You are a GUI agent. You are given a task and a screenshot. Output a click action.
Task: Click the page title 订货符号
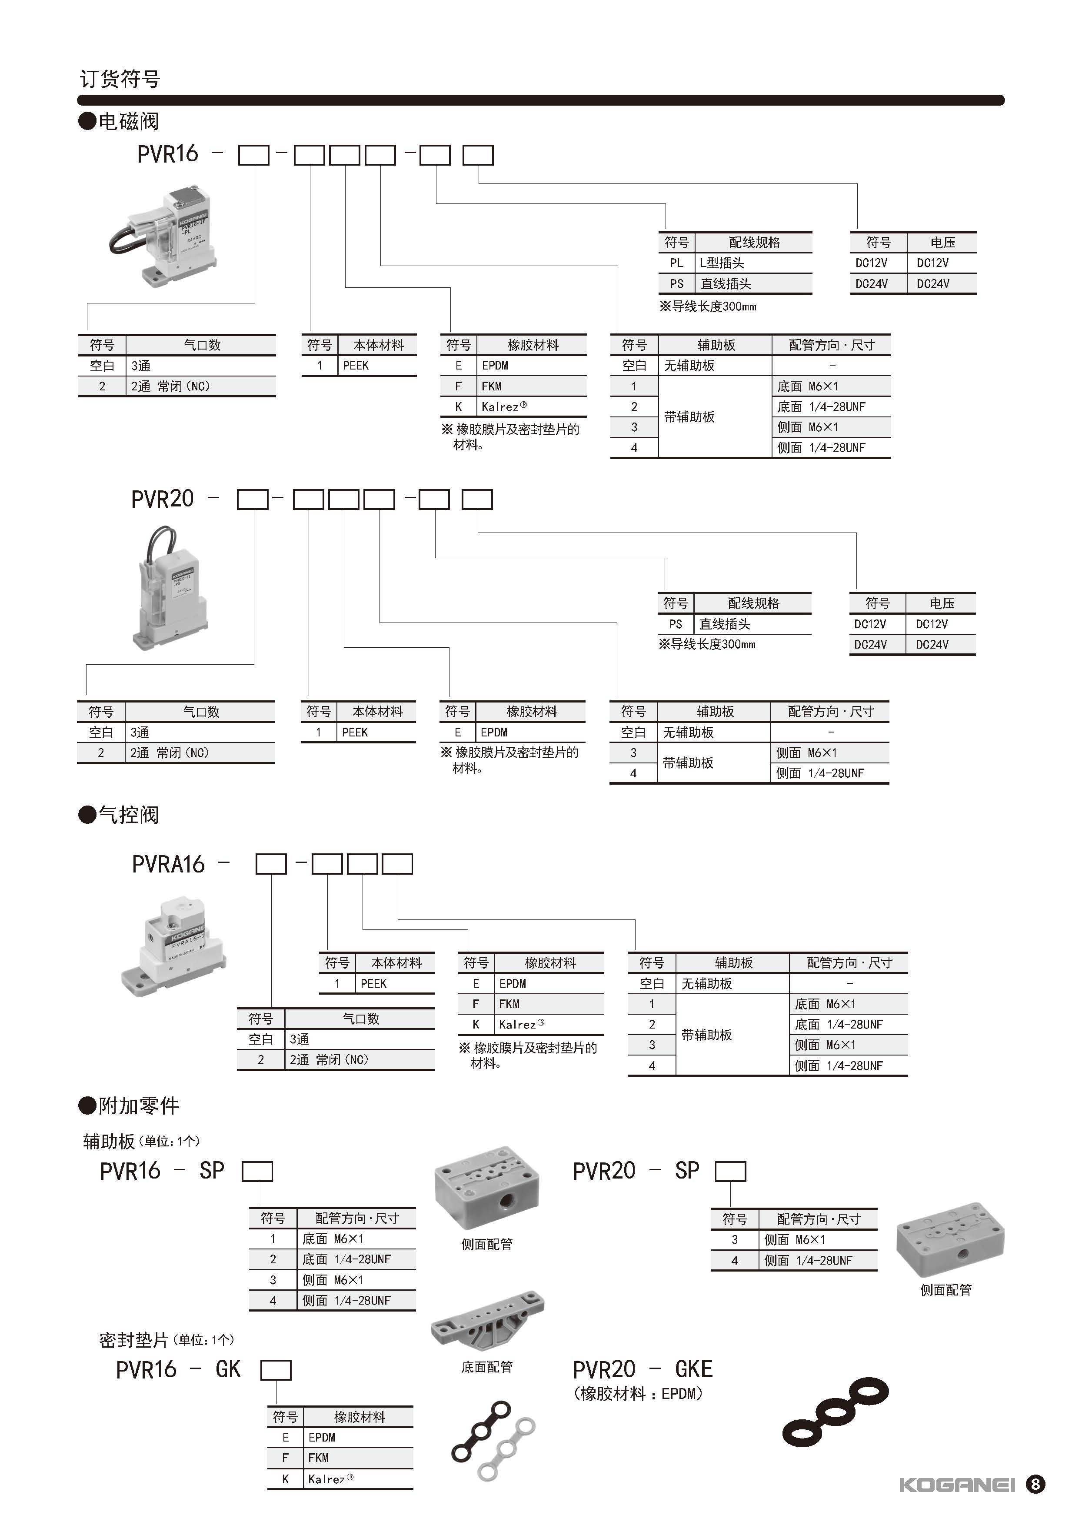(x=120, y=79)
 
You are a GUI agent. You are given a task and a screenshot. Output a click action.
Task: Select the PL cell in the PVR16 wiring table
(x=676, y=263)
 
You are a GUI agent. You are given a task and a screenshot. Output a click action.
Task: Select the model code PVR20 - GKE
(x=642, y=1369)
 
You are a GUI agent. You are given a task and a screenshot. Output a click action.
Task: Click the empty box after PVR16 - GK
(x=276, y=1370)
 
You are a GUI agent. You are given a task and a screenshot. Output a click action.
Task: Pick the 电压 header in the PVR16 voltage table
(x=943, y=243)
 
